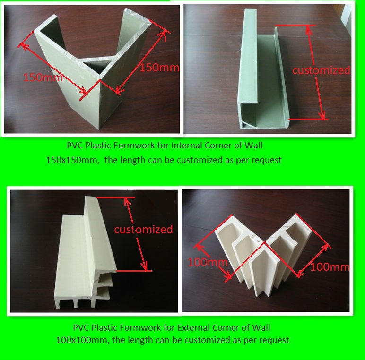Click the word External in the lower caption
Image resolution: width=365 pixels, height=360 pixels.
click(x=193, y=327)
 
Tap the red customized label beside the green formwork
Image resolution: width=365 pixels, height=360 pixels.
click(x=321, y=70)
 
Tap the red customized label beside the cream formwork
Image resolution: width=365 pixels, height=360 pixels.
click(x=143, y=230)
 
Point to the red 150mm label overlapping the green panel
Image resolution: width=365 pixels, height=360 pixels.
click(x=43, y=77)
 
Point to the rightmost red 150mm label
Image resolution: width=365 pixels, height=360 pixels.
click(x=159, y=68)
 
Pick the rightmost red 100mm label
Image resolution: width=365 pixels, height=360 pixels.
click(x=330, y=267)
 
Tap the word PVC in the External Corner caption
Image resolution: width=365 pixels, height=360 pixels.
click(x=81, y=327)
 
